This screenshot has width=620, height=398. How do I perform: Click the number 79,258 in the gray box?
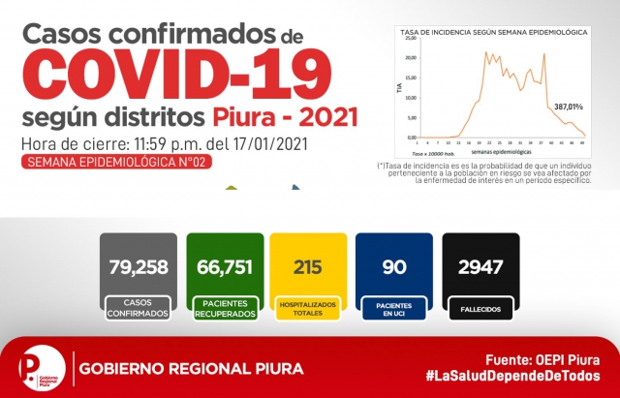pos(138,264)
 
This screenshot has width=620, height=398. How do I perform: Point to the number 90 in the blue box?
pos(393,264)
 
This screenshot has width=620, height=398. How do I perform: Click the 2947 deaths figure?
pos(480,264)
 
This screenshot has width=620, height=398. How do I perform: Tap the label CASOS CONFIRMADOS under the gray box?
pos(138,309)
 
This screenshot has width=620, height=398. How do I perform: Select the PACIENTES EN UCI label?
pos(393,309)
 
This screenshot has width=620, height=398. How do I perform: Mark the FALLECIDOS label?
pos(480,310)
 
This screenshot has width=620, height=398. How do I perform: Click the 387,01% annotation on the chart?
pos(569,105)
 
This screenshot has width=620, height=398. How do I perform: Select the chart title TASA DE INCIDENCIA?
pos(494,32)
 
